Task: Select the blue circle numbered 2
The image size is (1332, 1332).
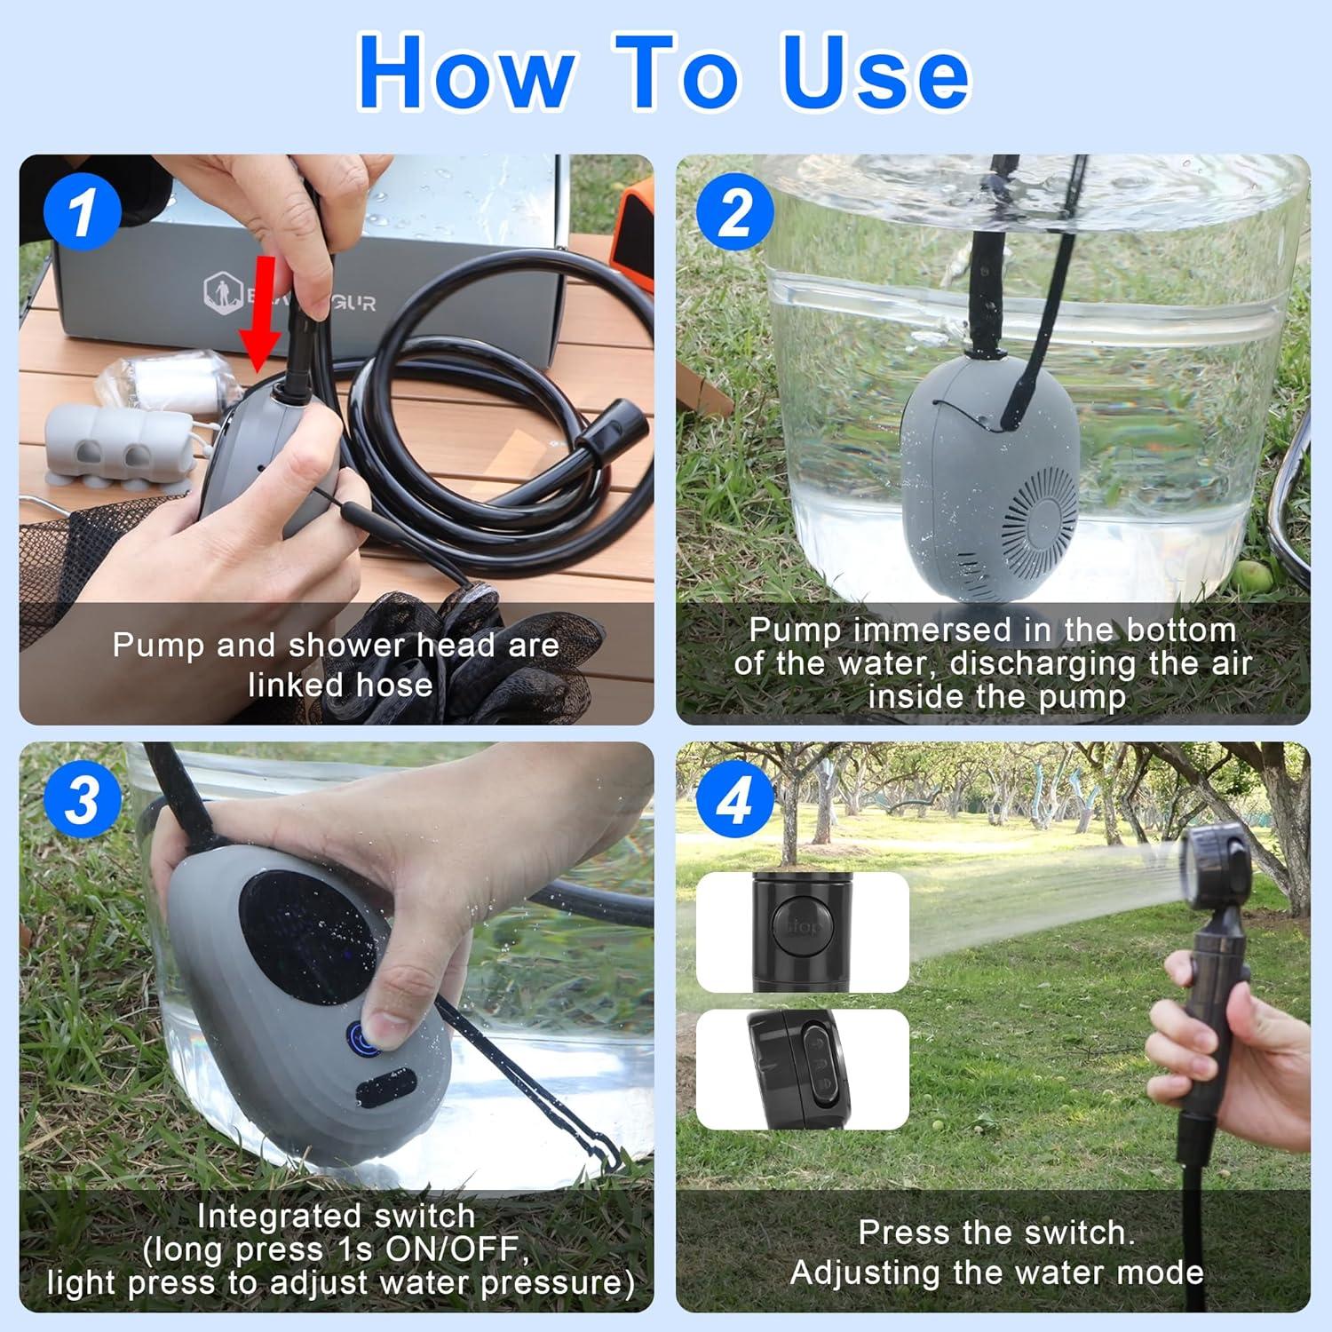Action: click(734, 212)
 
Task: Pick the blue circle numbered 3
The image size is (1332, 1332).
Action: click(82, 799)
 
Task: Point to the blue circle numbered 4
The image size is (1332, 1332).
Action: click(734, 799)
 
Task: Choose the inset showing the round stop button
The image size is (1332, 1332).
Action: click(802, 932)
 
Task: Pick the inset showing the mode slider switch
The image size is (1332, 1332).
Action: click(802, 1070)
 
